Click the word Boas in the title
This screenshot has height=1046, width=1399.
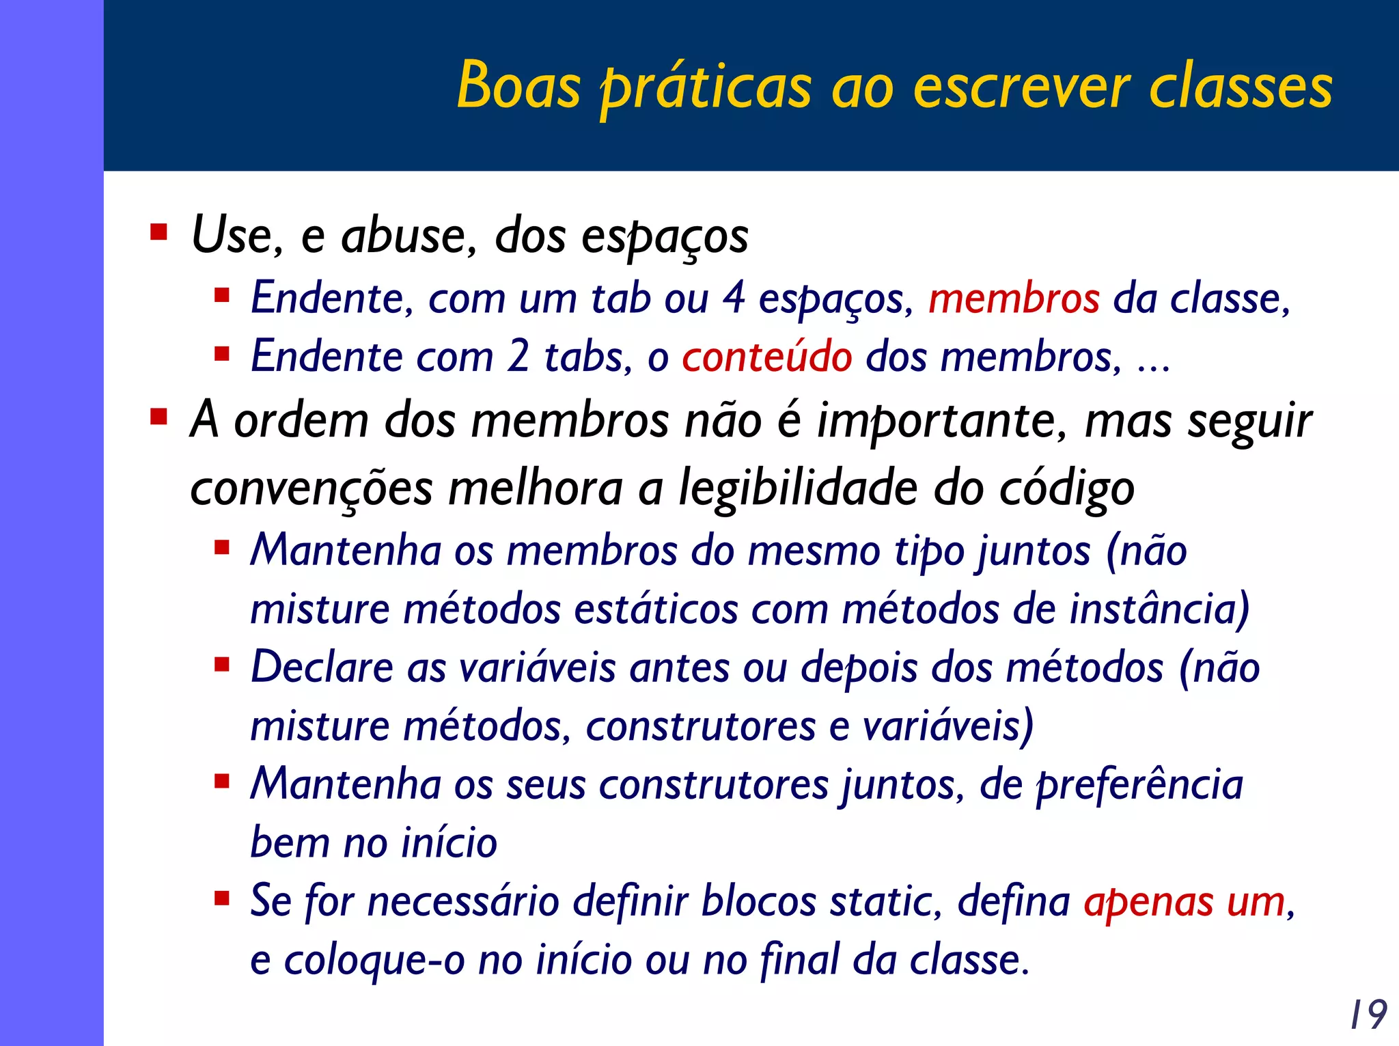pyautogui.click(x=518, y=85)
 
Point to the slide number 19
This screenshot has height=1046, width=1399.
pyautogui.click(x=1368, y=1015)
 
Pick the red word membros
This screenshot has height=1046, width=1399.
pyautogui.click(x=1014, y=299)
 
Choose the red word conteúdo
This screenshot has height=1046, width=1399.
pyautogui.click(x=766, y=357)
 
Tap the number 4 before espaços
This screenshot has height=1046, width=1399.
pyautogui.click(x=734, y=299)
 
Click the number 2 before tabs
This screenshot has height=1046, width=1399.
pyautogui.click(x=518, y=357)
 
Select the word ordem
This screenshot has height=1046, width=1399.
pyautogui.click(x=301, y=420)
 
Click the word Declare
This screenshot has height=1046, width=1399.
pyautogui.click(x=322, y=667)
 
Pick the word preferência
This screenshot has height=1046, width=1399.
pyautogui.click(x=1139, y=785)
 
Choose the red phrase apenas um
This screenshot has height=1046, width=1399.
pyautogui.click(x=1185, y=902)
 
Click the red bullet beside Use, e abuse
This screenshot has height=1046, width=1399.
pyautogui.click(x=158, y=233)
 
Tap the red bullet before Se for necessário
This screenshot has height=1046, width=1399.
pyautogui.click(x=221, y=898)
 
